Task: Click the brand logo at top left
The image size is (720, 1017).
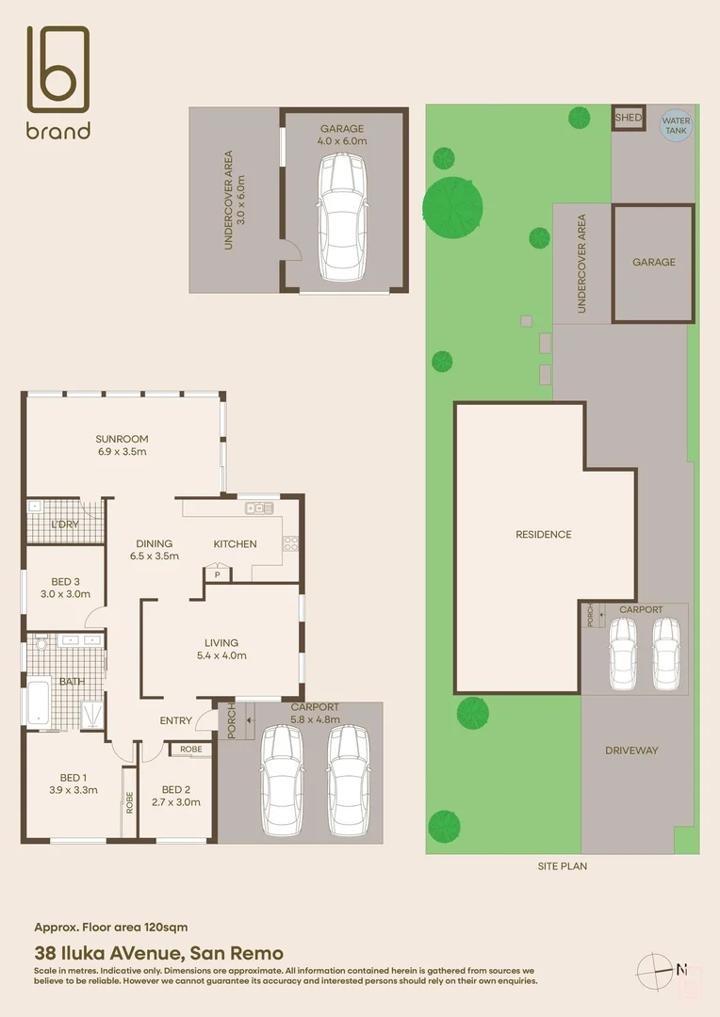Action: point(58,82)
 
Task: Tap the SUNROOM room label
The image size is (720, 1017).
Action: point(122,439)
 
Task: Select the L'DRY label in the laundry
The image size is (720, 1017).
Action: point(64,525)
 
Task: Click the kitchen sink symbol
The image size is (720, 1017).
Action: point(258,508)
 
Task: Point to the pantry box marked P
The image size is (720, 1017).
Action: point(218,574)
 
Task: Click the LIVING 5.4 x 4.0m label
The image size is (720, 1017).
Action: point(221,643)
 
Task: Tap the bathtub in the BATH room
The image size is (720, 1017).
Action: point(37,703)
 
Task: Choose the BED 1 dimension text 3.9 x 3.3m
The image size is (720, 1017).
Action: point(73,790)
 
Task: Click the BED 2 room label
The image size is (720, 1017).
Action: point(176,789)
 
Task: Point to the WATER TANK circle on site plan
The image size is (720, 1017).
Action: point(676,126)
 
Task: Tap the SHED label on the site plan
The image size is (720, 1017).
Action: point(628,118)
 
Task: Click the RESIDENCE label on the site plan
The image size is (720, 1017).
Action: point(543,535)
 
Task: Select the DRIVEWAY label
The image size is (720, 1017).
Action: point(631,751)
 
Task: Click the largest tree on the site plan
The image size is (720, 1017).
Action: point(452,204)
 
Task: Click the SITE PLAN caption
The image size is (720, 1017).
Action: point(561,866)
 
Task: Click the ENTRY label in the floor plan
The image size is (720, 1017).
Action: point(176,721)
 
